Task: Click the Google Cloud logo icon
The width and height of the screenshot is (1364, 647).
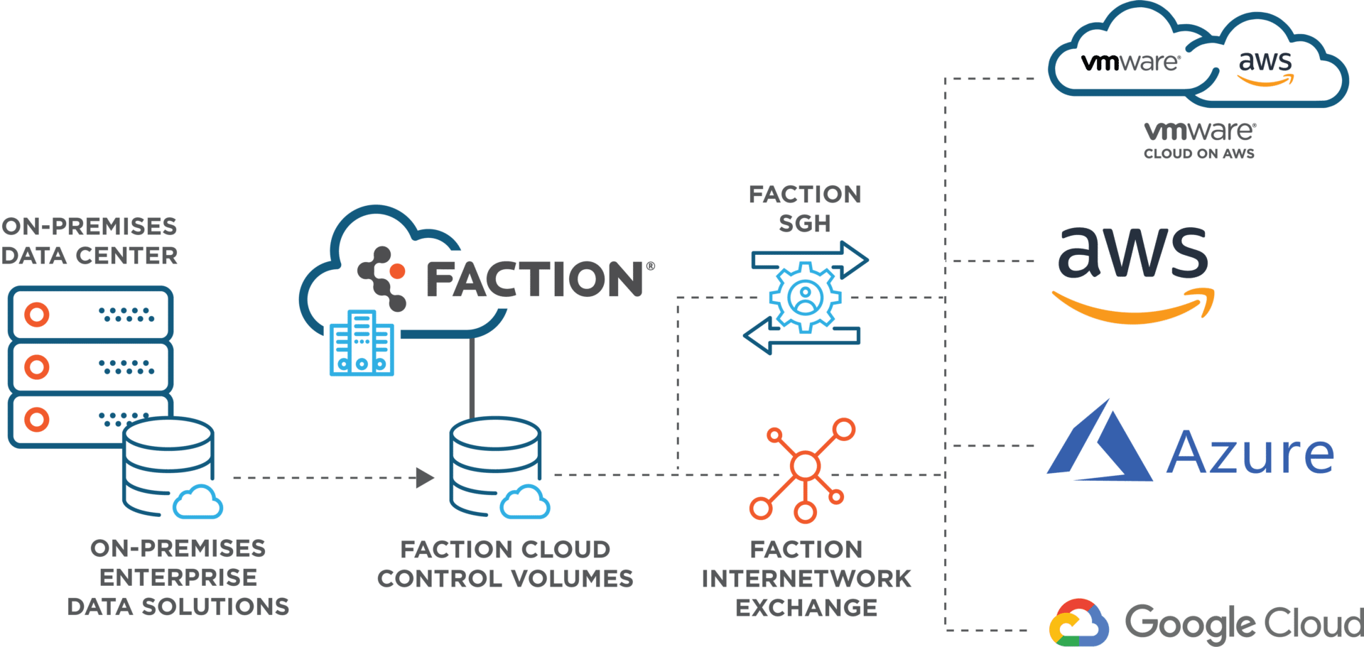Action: [1078, 623]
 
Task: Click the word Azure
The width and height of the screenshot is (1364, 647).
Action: [1250, 452]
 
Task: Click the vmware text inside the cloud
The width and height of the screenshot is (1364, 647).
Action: [1130, 62]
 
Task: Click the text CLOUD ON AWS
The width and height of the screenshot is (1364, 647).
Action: [1199, 153]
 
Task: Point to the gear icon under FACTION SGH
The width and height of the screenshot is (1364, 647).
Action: [806, 297]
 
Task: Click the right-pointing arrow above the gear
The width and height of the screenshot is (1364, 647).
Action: [810, 260]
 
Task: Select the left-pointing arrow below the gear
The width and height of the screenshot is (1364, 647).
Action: [801, 335]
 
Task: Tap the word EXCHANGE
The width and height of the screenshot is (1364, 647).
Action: [806, 608]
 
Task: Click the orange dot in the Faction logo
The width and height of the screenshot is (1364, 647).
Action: [397, 271]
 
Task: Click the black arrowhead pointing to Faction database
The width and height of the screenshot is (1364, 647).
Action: [425, 478]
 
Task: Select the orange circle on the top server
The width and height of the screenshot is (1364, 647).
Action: [37, 314]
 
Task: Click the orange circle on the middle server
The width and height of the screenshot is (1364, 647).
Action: [37, 367]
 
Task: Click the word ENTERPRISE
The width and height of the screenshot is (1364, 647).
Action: [178, 577]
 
